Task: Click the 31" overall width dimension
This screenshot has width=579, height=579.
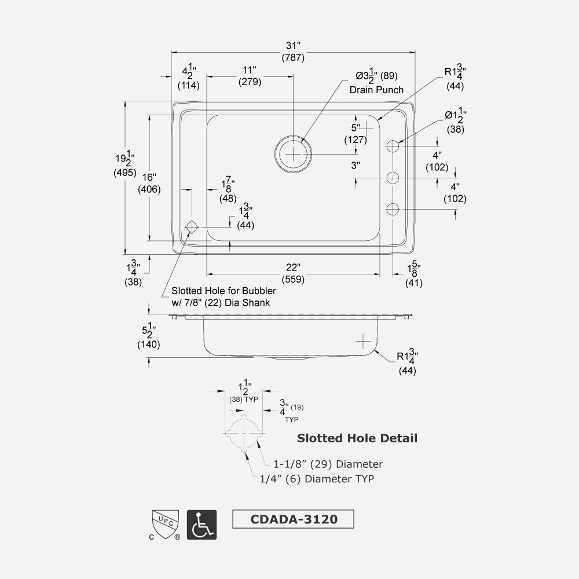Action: pos(293,46)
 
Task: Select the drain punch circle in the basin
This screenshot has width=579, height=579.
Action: pos(294,154)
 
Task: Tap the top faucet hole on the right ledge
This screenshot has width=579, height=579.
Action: pos(394,146)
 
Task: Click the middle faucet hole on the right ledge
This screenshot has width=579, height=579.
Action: pos(394,178)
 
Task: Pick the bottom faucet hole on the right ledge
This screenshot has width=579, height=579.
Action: pos(394,209)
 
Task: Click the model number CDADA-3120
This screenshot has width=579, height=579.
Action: pos(293,519)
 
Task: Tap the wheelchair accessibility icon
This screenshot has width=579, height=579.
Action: pos(202,525)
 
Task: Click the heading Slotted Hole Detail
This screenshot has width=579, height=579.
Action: pos(357,438)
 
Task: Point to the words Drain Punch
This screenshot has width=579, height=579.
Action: pos(376,90)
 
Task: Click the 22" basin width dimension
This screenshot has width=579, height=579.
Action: pos(293,267)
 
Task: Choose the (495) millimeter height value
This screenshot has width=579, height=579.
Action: pos(125,172)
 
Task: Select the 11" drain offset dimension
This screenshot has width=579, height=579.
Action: pos(250,70)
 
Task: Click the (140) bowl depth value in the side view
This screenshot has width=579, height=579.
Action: pos(149,345)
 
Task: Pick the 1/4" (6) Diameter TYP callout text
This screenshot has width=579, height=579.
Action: pos(317,479)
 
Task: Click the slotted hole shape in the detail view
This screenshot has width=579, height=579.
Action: pos(244,433)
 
